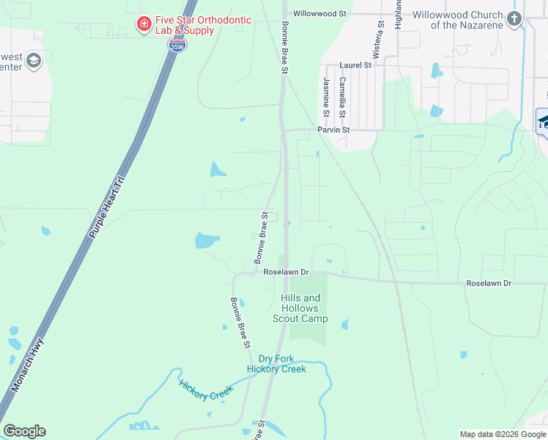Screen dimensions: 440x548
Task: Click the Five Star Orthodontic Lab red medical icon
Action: [144, 25]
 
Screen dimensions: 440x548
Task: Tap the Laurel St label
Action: [355, 65]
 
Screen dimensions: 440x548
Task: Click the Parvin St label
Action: [333, 130]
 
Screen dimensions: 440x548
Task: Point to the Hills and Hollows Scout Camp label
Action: [300, 308]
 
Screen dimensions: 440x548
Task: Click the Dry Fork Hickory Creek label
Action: [276, 363]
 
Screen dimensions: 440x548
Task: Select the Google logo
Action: [24, 431]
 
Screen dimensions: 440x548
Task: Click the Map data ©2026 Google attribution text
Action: [503, 434]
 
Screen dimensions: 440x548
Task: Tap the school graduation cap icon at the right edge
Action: [543, 121]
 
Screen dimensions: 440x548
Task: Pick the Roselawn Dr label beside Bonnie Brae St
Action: [286, 272]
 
